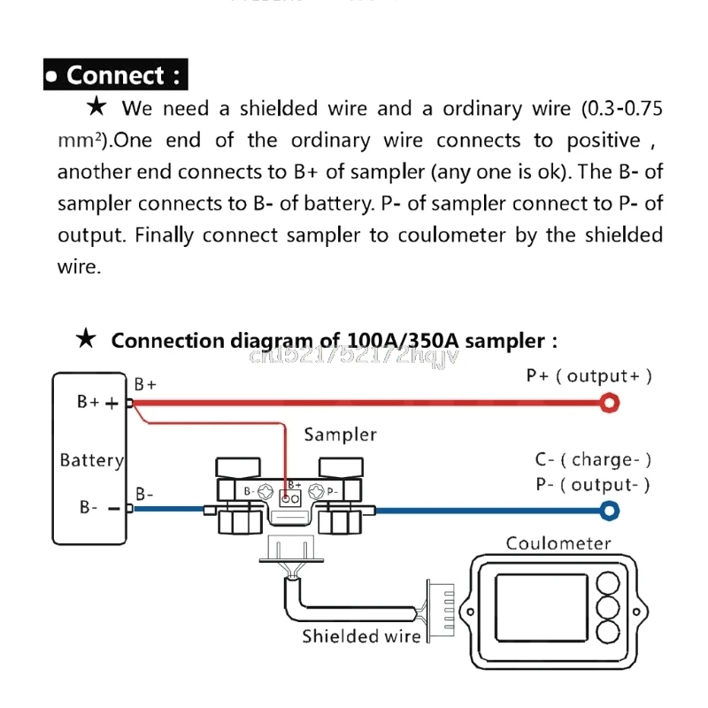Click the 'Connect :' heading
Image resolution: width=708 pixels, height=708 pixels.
pos(115,75)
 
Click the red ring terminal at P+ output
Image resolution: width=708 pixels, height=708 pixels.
pos(608,404)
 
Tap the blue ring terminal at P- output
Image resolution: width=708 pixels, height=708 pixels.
pos(609,510)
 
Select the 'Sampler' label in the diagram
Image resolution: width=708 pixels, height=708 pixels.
pos(340,435)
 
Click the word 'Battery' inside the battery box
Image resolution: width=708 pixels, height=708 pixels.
pos(91,460)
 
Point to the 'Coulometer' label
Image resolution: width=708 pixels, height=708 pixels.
pos(558,543)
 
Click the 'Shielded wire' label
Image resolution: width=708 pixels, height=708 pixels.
pos(361,636)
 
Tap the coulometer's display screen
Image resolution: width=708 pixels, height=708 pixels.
pos(541,608)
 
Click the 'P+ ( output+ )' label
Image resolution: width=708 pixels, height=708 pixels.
pos(589,375)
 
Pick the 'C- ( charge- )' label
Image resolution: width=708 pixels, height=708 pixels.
pos(593,459)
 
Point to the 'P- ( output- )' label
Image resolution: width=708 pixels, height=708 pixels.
pos(593,484)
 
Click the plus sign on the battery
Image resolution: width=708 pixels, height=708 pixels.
pos(112,403)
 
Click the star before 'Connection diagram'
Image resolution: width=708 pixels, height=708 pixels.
pos(86,340)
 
